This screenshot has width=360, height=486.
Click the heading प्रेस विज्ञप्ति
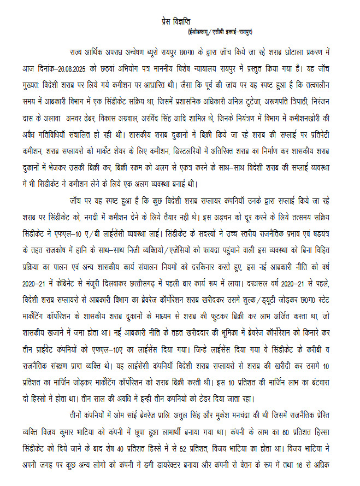click(180, 20)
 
